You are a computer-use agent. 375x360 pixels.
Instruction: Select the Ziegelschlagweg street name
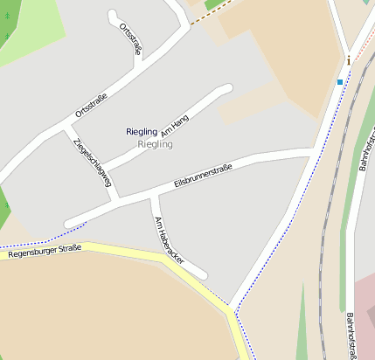[93, 163]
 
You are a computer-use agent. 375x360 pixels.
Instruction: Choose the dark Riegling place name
[142, 131]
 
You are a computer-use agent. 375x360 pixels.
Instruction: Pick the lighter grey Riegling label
[155, 143]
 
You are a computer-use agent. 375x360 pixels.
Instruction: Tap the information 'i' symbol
[349, 60]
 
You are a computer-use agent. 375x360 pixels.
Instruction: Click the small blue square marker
[340, 82]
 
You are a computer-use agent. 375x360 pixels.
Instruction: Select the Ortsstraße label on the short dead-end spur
[128, 37]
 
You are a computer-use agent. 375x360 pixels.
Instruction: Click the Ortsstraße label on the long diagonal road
[91, 105]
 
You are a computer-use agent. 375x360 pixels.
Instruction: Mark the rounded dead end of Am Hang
[228, 88]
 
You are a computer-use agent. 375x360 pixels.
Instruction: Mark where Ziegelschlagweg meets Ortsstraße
[64, 128]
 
